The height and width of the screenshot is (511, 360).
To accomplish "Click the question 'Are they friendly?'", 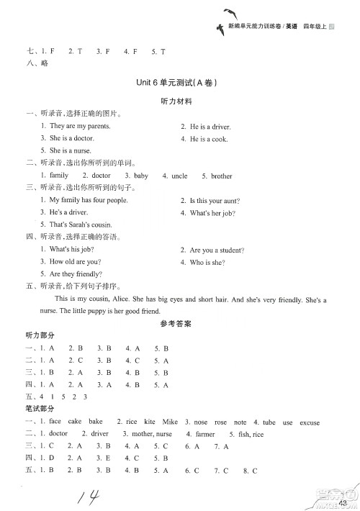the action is (x=76, y=274).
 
